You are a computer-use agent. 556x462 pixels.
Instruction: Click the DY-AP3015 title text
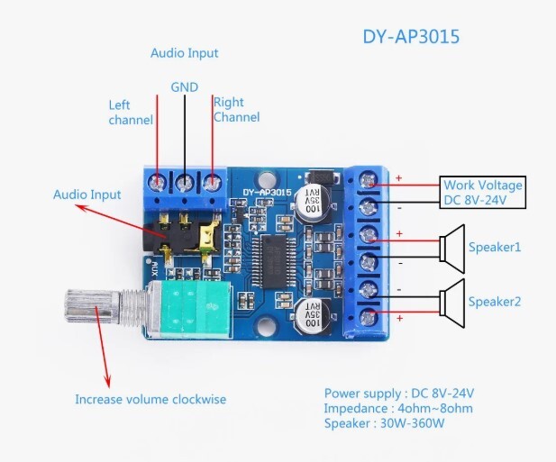[411, 37]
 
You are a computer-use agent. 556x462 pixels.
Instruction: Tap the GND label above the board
[184, 87]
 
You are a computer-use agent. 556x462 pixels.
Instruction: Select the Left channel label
[131, 113]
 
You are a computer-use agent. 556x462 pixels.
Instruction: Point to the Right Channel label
[236, 110]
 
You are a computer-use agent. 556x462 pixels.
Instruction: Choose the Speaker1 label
[494, 247]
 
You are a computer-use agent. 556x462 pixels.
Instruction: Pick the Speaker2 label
[494, 302]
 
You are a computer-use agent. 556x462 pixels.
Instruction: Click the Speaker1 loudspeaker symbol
[451, 248]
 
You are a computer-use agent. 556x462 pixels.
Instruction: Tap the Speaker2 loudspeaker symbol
[451, 300]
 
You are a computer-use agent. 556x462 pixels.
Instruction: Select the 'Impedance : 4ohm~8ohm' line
[397, 408]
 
